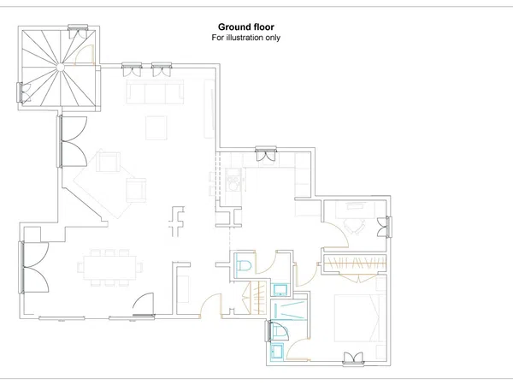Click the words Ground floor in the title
[x=246, y=27]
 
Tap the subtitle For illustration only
[x=246, y=38]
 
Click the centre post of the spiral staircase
[x=60, y=67]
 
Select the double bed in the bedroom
[x=360, y=318]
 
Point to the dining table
[x=109, y=268]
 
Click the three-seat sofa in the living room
[x=155, y=92]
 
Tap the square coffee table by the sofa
[x=156, y=127]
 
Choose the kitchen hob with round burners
[x=233, y=180]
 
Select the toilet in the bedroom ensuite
[x=279, y=331]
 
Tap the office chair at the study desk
[x=354, y=226]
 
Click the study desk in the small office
[x=355, y=210]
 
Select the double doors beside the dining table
[x=33, y=267]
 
